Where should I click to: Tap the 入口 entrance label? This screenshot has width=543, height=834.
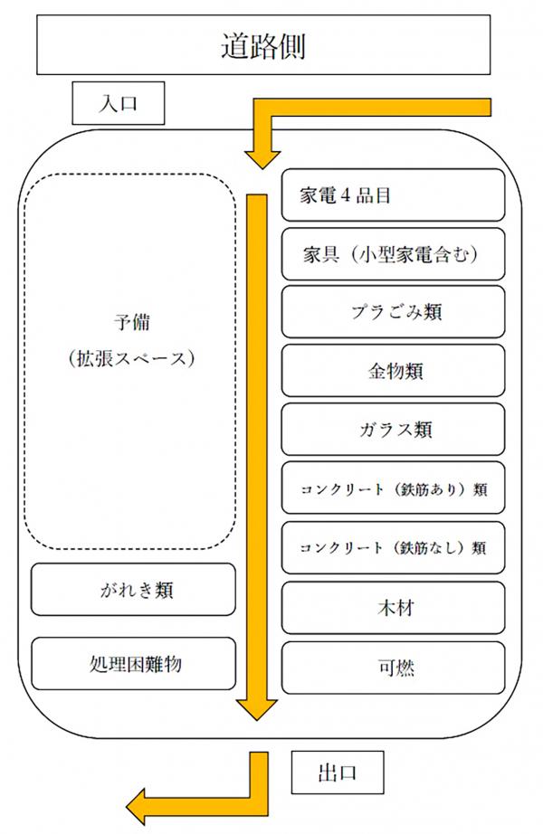point(118,103)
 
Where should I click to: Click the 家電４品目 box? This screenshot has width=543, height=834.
point(393,194)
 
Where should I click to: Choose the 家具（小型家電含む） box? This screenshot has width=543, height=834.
point(393,253)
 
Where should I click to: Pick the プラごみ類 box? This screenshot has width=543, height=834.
point(393,312)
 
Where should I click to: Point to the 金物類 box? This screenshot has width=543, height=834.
point(393,371)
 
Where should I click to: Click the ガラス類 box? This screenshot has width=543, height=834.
point(393,430)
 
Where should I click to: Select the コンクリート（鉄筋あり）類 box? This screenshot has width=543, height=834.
point(393,489)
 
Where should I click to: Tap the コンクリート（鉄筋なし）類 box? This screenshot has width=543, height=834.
point(393,548)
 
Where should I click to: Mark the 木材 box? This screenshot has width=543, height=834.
point(393,608)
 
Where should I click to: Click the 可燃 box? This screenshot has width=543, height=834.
point(393,668)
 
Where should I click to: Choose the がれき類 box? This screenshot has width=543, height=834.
point(133,591)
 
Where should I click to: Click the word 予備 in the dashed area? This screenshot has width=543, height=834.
point(131,322)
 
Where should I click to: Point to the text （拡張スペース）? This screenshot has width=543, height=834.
point(131,358)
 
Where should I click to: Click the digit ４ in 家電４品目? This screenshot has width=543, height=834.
point(345,195)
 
